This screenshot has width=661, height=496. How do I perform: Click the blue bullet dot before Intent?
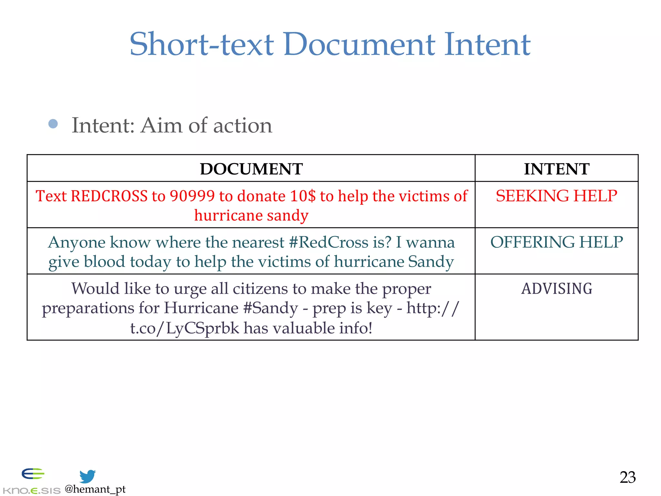click(53, 124)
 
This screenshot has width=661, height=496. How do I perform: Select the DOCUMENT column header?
click(251, 169)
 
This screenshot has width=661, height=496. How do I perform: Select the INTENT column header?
click(556, 169)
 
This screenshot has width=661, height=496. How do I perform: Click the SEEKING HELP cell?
click(556, 196)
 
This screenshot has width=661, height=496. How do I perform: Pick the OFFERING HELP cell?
click(556, 242)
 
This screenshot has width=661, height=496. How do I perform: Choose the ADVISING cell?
click(556, 289)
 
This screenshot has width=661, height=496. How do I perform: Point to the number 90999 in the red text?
click(192, 196)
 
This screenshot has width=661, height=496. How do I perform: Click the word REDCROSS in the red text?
click(109, 196)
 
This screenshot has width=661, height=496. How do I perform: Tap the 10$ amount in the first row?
click(303, 196)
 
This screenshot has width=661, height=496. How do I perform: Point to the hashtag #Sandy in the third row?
click(270, 308)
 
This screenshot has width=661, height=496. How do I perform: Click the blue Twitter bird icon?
click(87, 476)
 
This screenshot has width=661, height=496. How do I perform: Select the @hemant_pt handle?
click(95, 489)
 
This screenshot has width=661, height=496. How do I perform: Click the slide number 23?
click(627, 477)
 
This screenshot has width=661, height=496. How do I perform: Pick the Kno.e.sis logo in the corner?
click(32, 481)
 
